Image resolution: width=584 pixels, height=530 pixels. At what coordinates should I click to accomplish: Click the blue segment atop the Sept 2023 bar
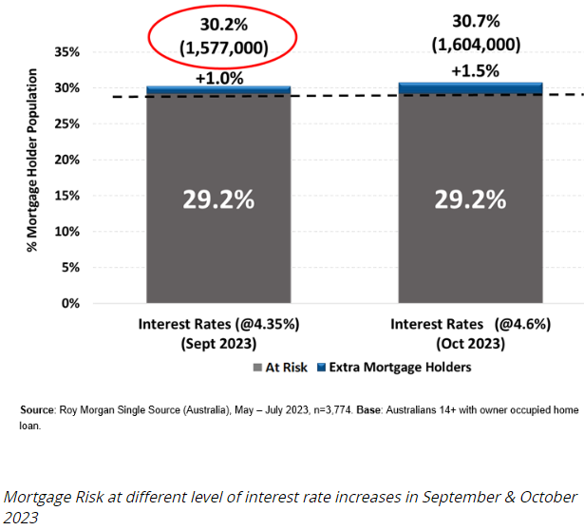[x=218, y=90]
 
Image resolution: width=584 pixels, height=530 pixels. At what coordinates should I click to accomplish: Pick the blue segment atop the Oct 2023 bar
[x=470, y=87]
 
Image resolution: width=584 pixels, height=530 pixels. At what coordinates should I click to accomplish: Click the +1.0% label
[x=217, y=77]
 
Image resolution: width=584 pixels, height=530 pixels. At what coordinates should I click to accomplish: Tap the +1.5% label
[x=472, y=71]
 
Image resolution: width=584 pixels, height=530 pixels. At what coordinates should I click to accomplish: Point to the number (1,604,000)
[x=472, y=46]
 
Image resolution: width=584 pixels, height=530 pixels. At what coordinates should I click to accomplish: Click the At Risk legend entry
[x=281, y=367]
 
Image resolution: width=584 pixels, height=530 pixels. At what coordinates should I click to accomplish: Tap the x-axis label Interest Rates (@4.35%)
[x=218, y=325]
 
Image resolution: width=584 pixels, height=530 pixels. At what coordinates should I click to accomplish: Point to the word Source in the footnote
[x=39, y=409]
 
